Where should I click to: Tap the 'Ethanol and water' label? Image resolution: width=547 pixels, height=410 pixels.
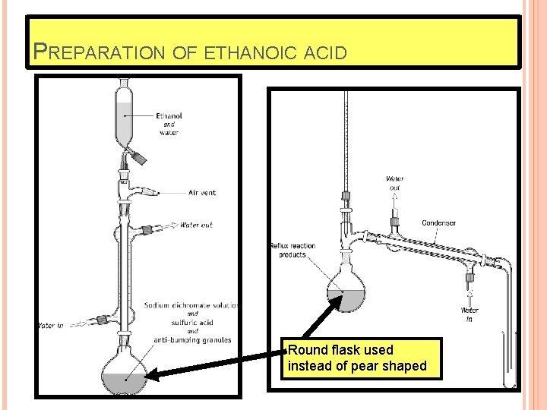pyautogui.click(x=169, y=125)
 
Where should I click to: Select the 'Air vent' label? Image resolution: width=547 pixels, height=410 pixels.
pyautogui.click(x=201, y=193)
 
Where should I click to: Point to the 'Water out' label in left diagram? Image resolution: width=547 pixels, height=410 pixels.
pyautogui.click(x=196, y=225)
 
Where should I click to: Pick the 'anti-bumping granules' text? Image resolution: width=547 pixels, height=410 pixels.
pyautogui.click(x=192, y=340)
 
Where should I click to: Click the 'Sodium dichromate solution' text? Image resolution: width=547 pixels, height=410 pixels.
pyautogui.click(x=191, y=305)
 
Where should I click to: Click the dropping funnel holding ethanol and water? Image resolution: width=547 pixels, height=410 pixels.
pyautogui.click(x=125, y=114)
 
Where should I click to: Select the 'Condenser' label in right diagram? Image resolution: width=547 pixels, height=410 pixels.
pyautogui.click(x=438, y=223)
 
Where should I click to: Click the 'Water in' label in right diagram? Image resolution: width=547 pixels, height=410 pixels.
pyautogui.click(x=470, y=314)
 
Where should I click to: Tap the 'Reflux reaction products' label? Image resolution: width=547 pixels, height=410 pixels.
pyautogui.click(x=292, y=251)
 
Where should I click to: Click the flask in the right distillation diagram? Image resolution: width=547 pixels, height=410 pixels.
pyautogui.click(x=346, y=292)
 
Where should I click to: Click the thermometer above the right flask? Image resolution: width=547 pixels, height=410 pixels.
pyautogui.click(x=346, y=152)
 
